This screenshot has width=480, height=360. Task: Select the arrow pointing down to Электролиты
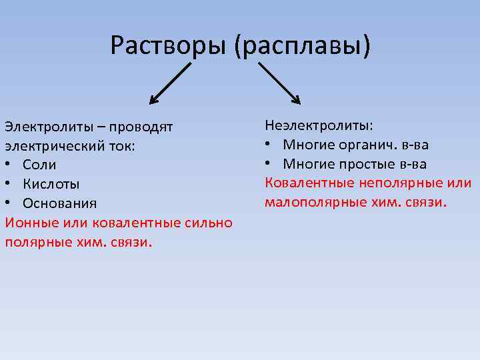[x=170, y=83]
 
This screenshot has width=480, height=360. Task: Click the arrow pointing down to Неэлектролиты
[x=279, y=83]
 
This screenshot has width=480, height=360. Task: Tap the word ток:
[x=119, y=145]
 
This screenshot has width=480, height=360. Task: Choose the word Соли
[x=39, y=165]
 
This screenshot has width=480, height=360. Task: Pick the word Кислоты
[x=51, y=184]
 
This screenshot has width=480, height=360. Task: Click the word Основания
[x=59, y=203]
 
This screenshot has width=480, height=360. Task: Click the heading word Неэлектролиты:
[x=319, y=125]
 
